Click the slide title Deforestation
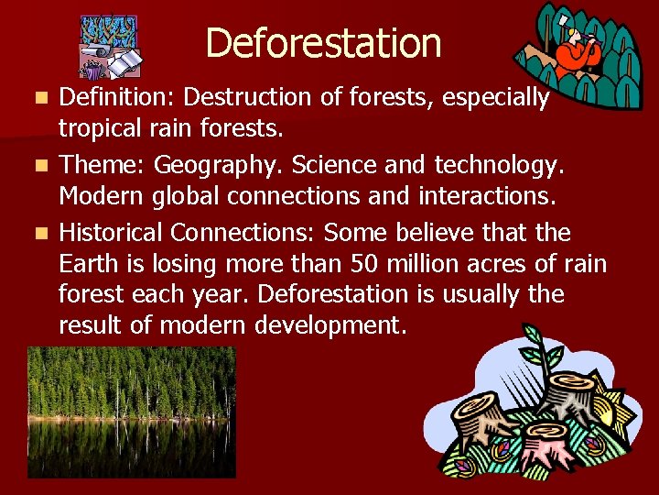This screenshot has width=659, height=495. [x=323, y=42]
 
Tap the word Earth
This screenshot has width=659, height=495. [x=88, y=264]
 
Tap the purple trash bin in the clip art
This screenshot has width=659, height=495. [x=92, y=70]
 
